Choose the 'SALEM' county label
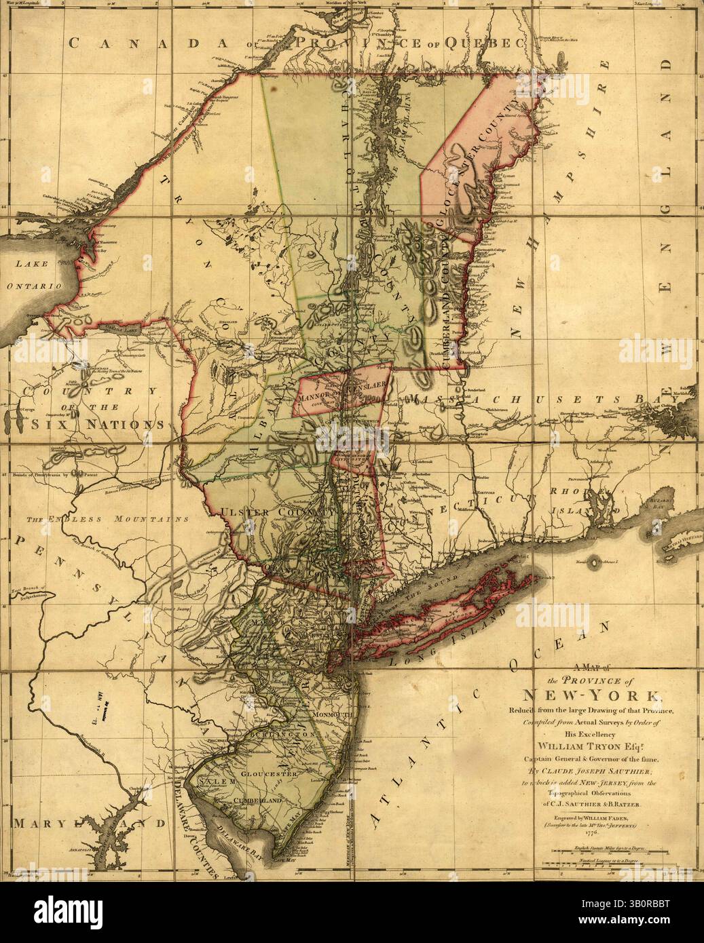point(208,782)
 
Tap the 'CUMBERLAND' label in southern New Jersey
point(257,801)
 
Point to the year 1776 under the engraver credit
point(589,832)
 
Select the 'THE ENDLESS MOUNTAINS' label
point(107,519)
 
